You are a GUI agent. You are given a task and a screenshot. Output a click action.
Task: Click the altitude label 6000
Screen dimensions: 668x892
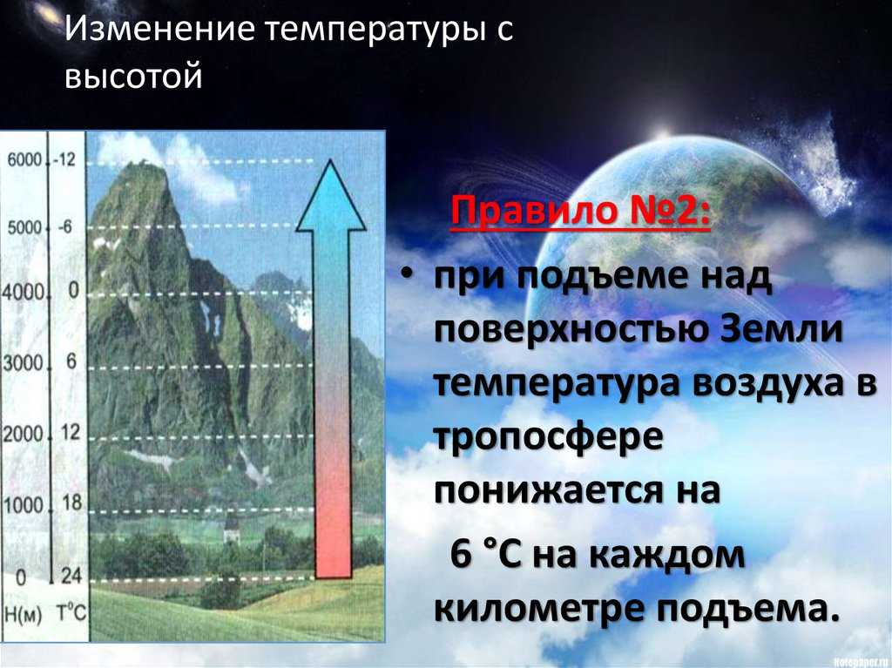click(24, 160)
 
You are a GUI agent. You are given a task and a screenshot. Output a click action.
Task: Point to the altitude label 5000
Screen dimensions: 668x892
click(24, 227)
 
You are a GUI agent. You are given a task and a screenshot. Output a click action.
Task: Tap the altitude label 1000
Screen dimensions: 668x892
click(24, 504)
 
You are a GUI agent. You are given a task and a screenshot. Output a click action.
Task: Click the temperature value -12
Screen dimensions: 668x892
click(64, 159)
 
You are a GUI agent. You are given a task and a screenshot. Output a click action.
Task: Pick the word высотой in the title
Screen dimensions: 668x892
click(134, 78)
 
